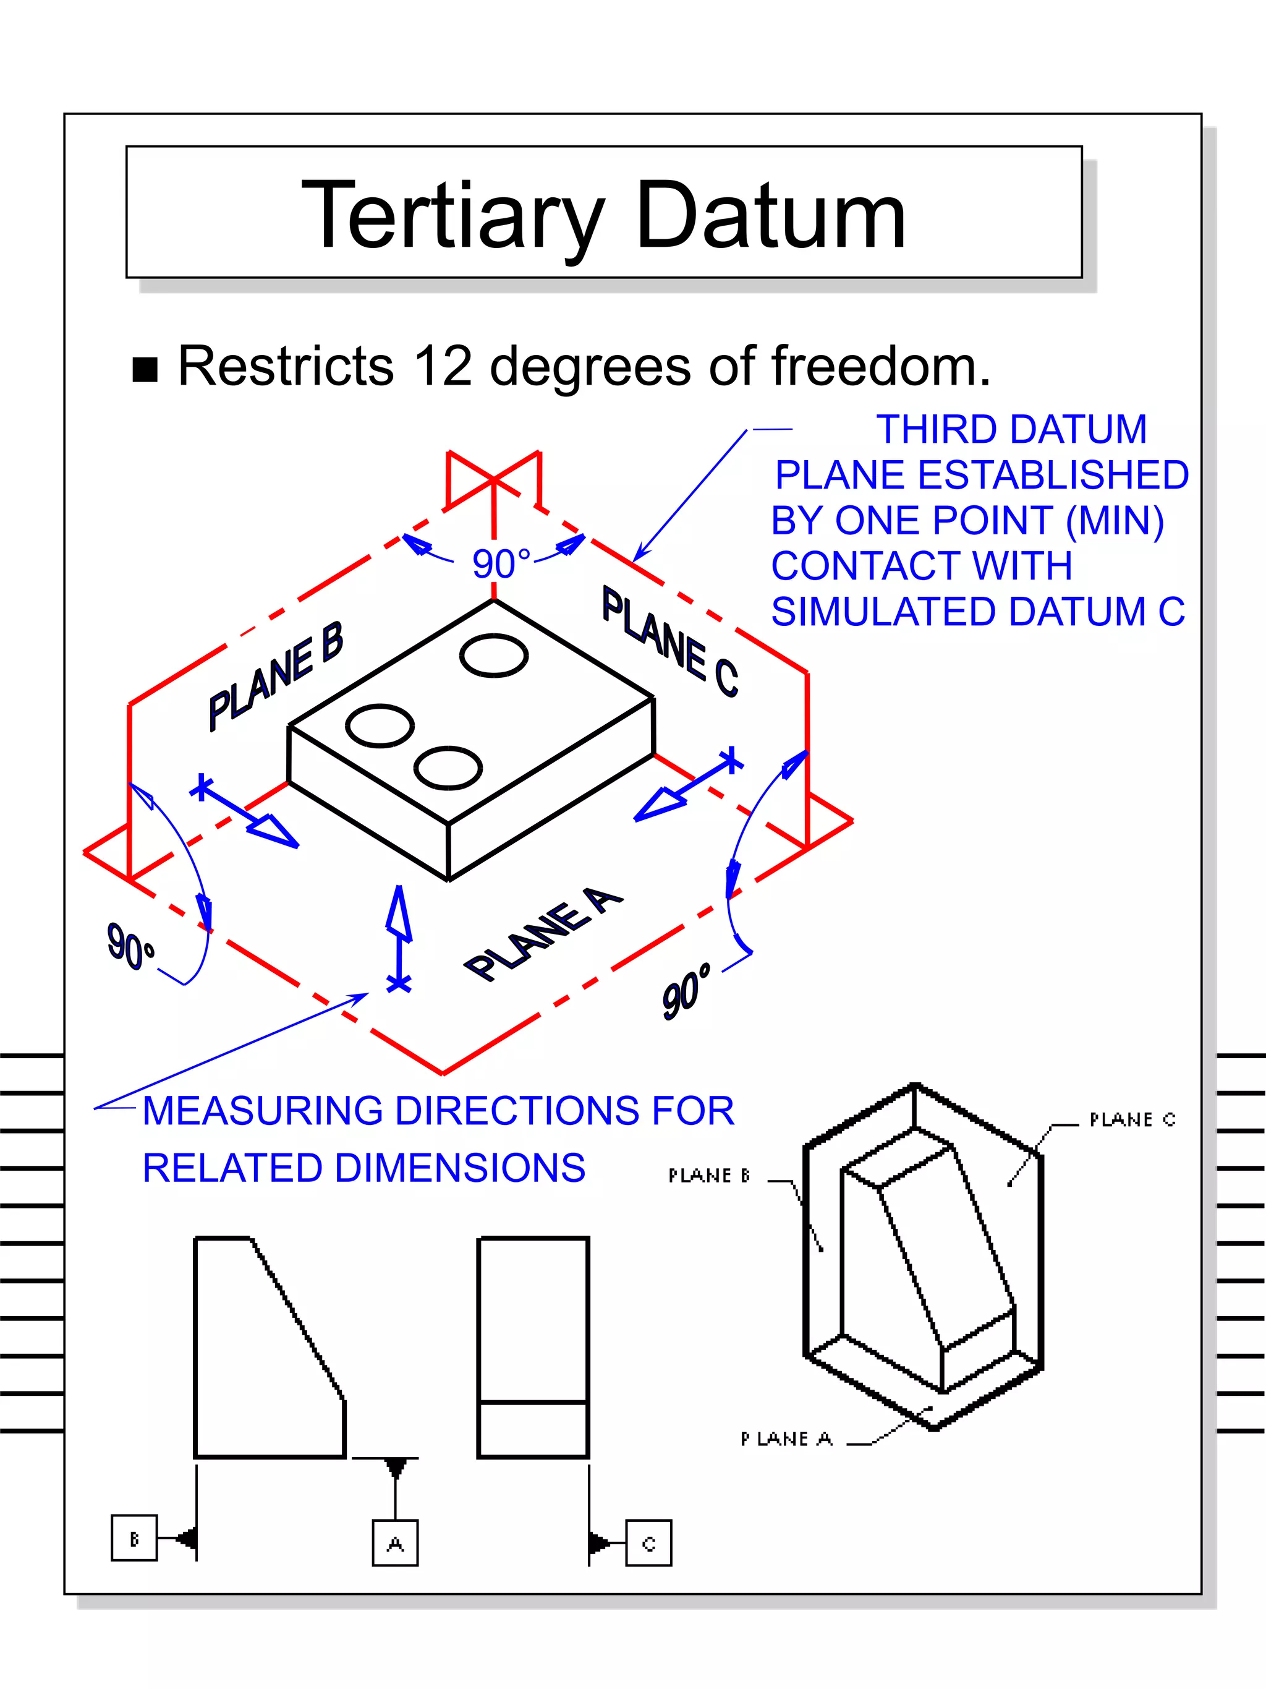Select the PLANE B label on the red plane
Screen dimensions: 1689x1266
click(x=276, y=677)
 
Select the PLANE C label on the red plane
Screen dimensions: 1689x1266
click(x=670, y=642)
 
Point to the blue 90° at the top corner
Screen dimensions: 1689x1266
click(x=501, y=564)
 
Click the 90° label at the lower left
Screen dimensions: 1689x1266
click(x=130, y=946)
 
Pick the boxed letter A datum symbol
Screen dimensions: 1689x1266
click(x=395, y=1543)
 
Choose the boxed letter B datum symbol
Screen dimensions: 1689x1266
click(x=134, y=1538)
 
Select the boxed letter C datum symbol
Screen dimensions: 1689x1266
click(x=648, y=1543)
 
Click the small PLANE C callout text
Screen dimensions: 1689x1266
click(x=1132, y=1120)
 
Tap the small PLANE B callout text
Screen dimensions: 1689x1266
click(x=709, y=1176)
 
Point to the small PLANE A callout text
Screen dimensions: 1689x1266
click(x=786, y=1439)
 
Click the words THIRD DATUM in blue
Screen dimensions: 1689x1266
click(x=1011, y=429)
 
